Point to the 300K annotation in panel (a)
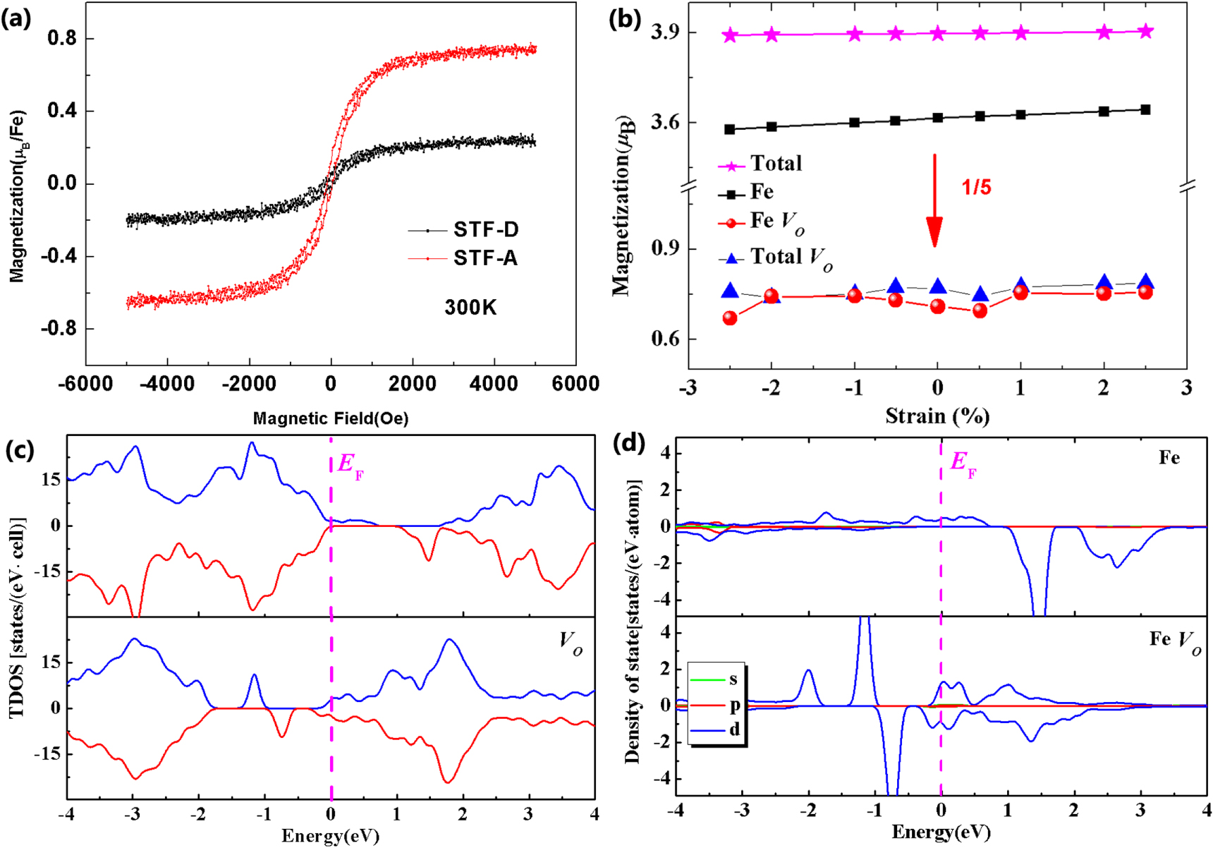tap(470, 308)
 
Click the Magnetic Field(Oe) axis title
tap(331, 418)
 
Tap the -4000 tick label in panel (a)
tap(168, 384)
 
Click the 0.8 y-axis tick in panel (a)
tap(61, 38)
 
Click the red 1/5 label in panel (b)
tap(977, 188)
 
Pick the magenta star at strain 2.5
tap(1146, 31)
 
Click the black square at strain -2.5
tap(730, 129)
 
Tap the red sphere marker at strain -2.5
tap(730, 318)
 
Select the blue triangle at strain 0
tap(937, 286)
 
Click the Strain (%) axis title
tap(937, 416)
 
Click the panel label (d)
tap(629, 443)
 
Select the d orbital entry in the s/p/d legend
tap(734, 730)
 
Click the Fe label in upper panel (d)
tap(1169, 458)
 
